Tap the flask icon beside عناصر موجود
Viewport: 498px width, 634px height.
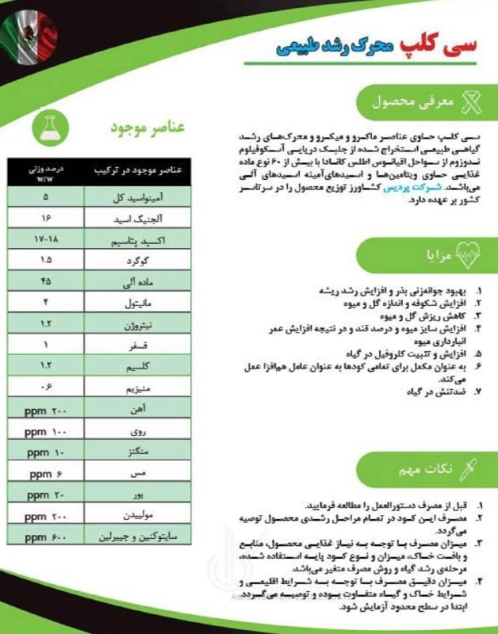tap(50, 124)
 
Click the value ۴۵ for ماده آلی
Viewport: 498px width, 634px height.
tap(45, 280)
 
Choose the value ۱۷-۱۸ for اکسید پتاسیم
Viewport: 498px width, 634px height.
tap(45, 238)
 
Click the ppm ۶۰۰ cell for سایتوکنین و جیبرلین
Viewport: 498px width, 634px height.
tap(45, 537)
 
